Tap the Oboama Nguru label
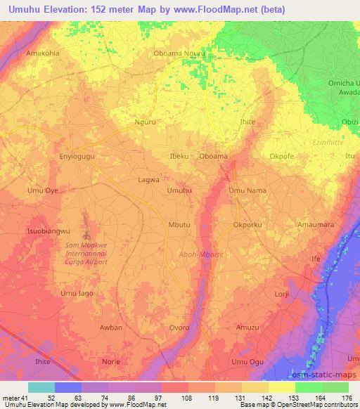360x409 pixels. pos(179,53)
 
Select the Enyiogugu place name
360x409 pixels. pos(77,156)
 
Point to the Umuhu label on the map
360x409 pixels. pos(179,190)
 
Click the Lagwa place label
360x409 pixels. pos(148,179)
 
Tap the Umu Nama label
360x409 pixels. pos(247,190)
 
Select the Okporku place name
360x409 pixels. pos(247,225)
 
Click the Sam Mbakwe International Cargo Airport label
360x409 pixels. pos(87,253)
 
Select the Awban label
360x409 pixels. pos(111,327)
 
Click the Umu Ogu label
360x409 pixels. pos(247,362)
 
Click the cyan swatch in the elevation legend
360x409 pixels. pos(41,387)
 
